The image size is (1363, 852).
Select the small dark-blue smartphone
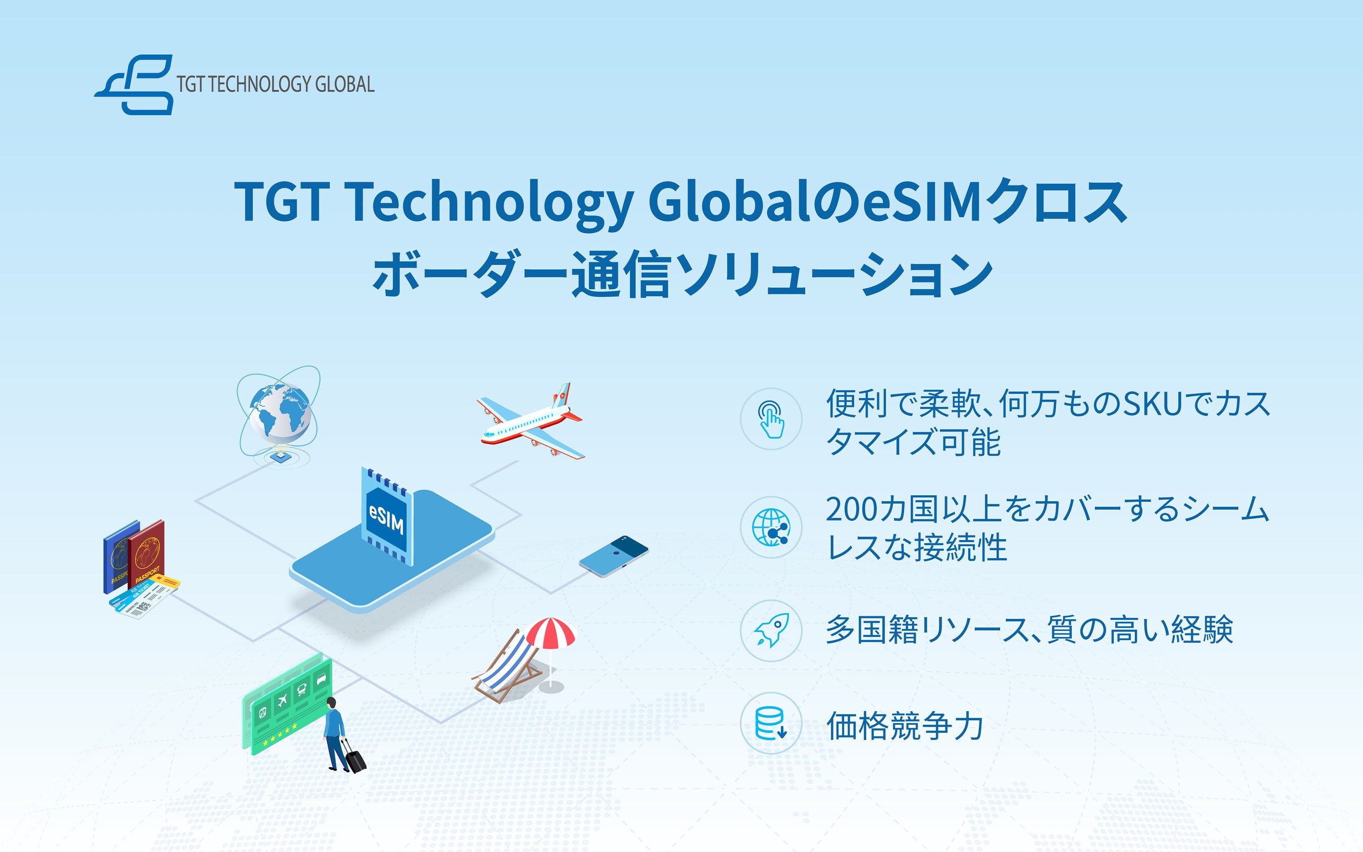[614, 556]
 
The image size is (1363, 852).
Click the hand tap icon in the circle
[771, 418]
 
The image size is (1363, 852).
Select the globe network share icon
[771, 527]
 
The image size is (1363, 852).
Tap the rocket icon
[771, 630]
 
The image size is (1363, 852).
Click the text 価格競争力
[904, 726]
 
